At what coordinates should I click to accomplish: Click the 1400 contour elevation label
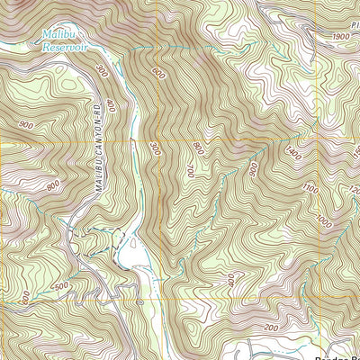click(x=293, y=155)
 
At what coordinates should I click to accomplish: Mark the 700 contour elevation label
click(x=190, y=170)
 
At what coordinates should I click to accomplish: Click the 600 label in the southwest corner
click(x=26, y=295)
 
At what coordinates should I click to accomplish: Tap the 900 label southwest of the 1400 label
click(x=253, y=168)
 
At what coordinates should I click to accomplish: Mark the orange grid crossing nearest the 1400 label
click(x=319, y=141)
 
